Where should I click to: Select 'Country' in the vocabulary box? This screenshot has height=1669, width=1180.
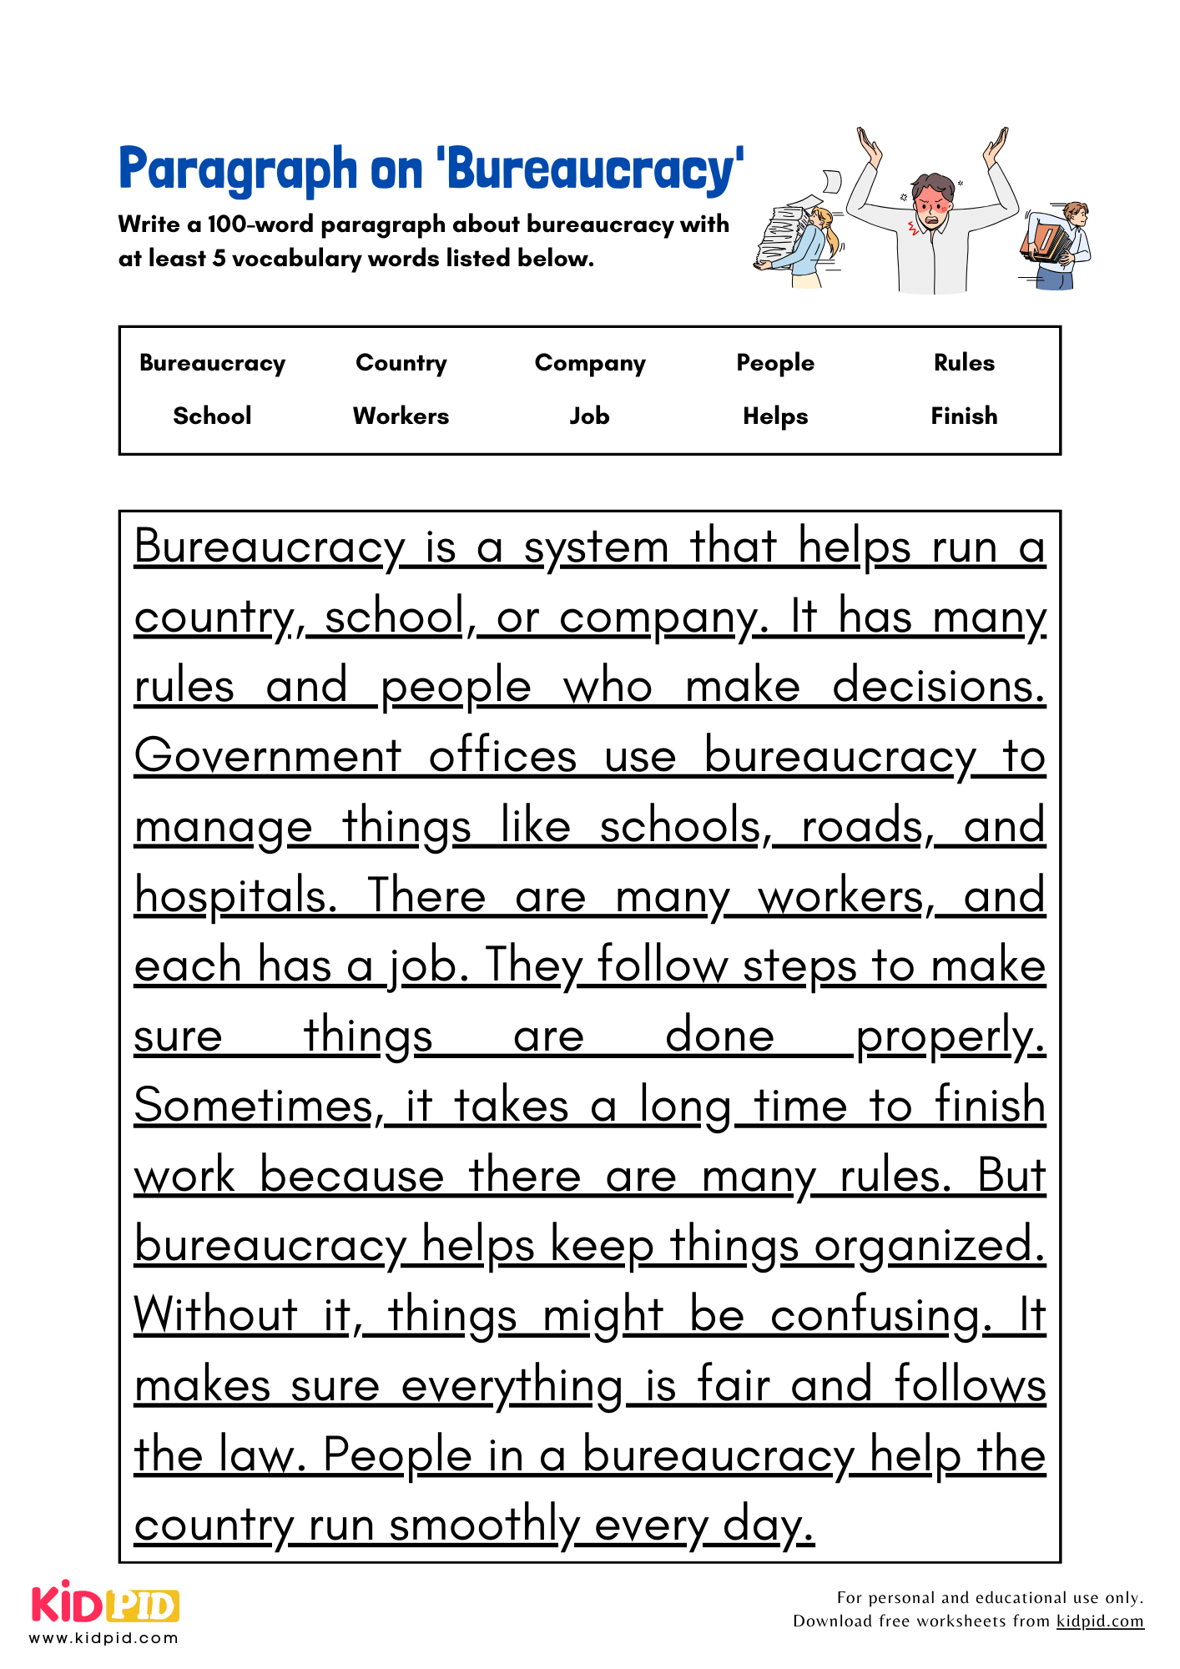pos(401,363)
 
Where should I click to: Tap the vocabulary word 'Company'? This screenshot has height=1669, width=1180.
pos(590,363)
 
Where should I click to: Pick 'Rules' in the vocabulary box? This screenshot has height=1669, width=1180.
pos(964,363)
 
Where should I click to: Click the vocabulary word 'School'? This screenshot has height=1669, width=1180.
pos(212,416)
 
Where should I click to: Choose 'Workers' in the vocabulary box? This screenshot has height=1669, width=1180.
pos(401,416)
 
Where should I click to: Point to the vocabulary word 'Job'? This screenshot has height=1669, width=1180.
pos(589,416)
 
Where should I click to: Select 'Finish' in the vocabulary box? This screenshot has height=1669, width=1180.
pos(964,416)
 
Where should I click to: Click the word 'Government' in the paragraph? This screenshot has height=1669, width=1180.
pos(268,757)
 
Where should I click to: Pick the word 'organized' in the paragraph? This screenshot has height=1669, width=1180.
pos(929,1246)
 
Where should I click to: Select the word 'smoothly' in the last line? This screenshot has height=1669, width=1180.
pos(484,1525)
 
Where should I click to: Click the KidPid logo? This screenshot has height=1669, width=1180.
pos(105,1606)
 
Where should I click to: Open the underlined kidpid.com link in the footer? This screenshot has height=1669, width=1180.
pos(1099,1621)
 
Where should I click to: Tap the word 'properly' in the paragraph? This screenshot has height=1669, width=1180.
pos(950,1036)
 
